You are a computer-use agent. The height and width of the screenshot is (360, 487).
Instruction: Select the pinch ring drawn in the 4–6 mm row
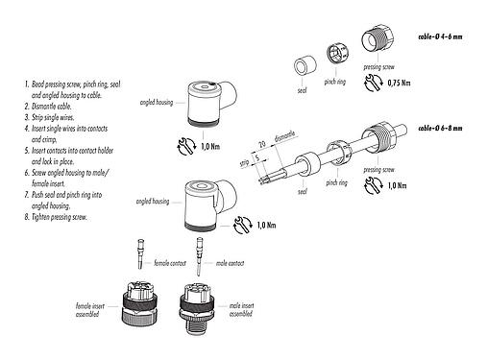tap(338, 56)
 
